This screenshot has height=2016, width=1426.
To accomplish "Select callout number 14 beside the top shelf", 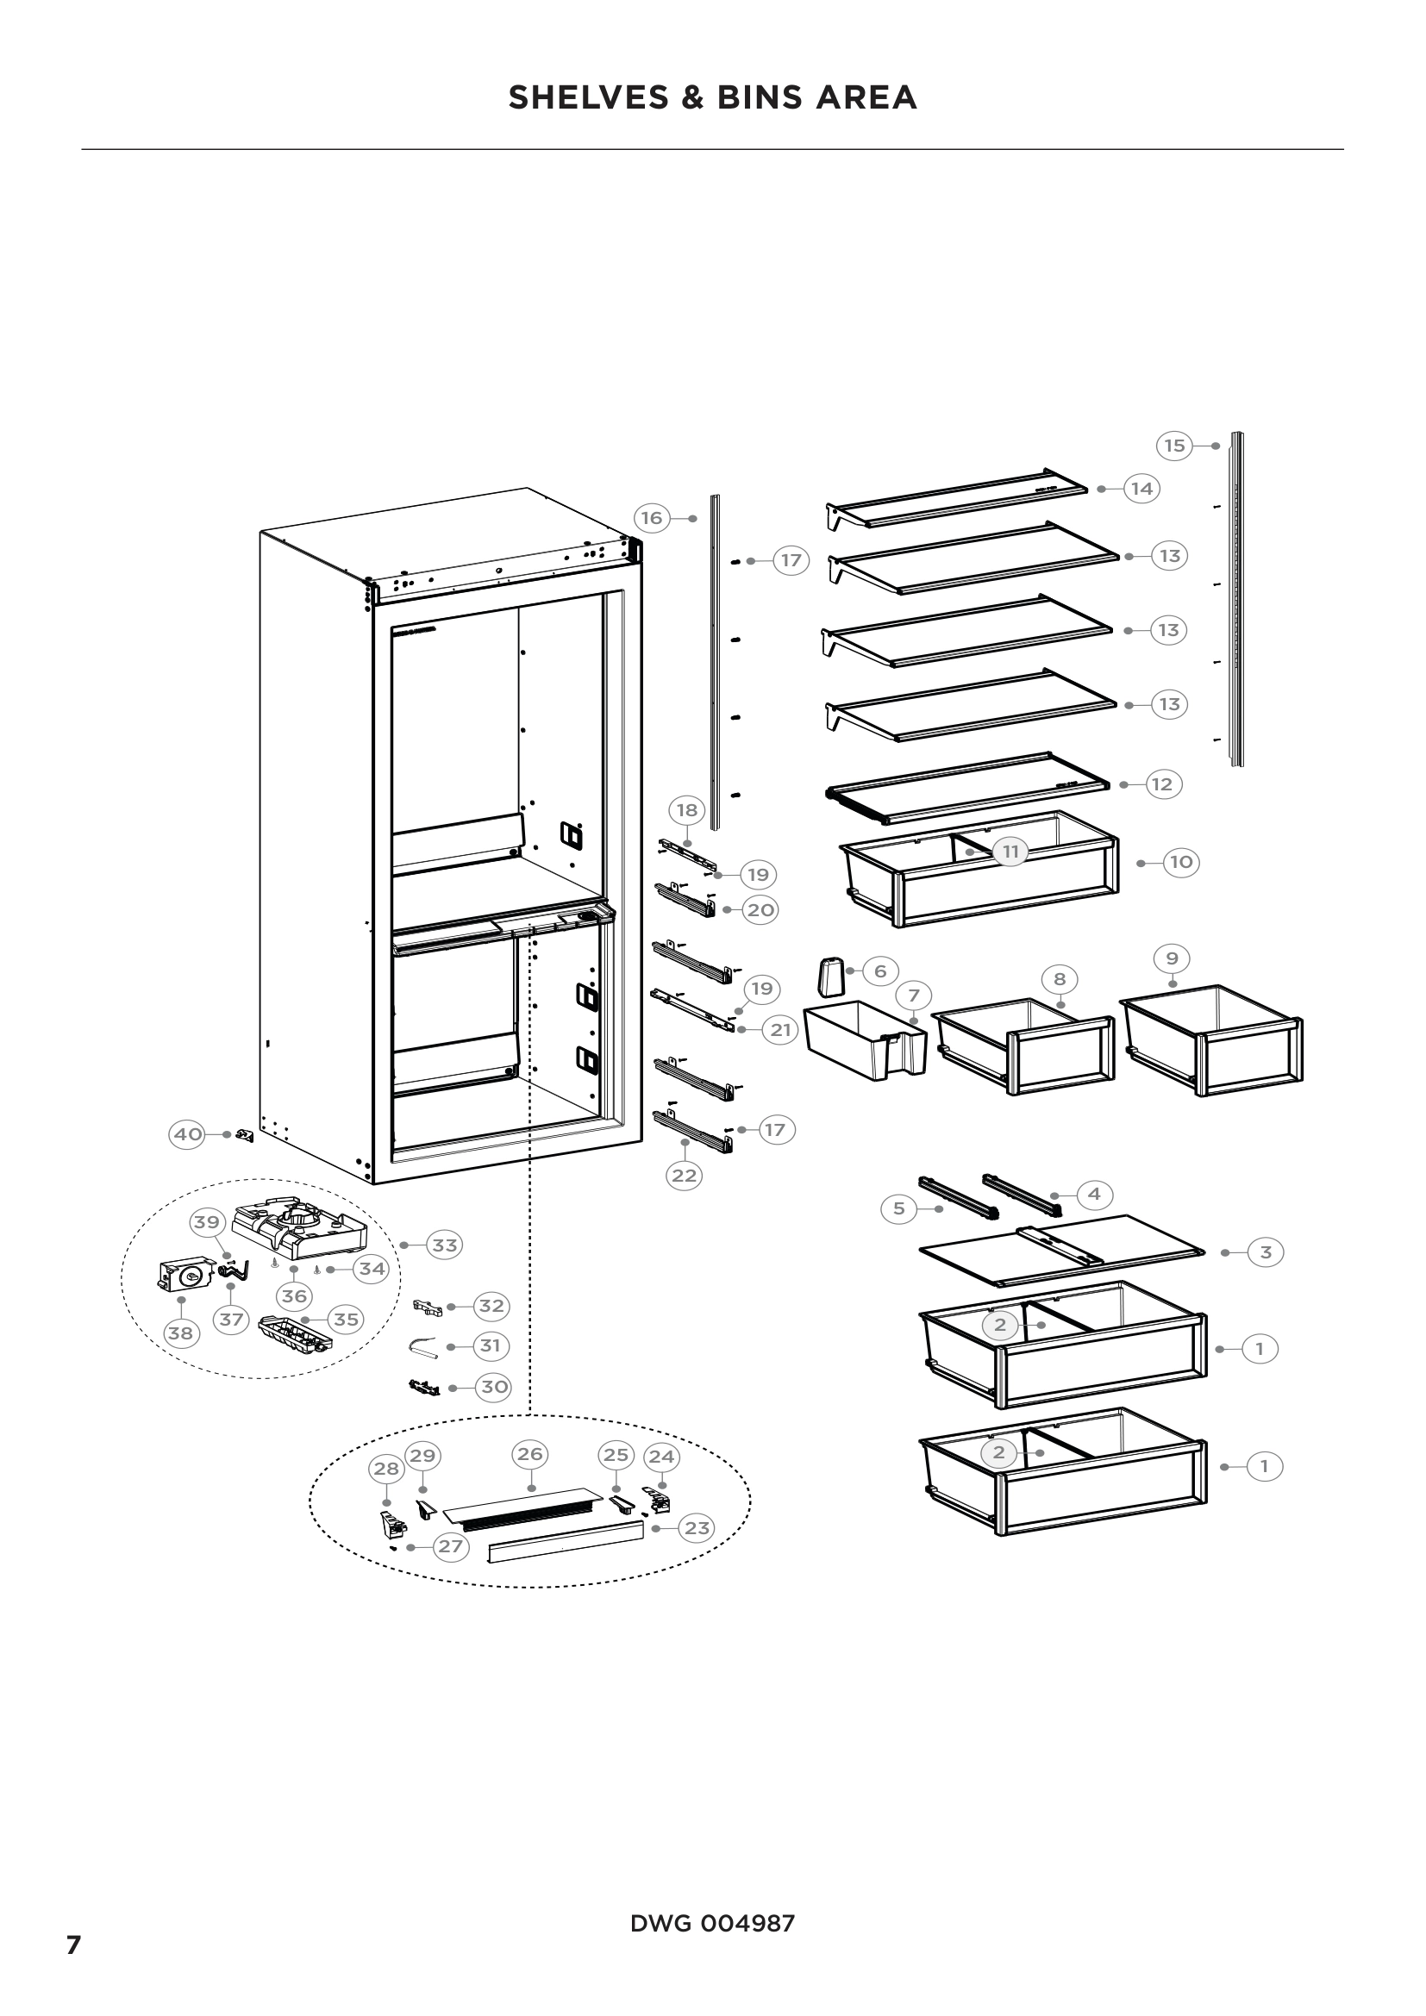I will coord(1141,488).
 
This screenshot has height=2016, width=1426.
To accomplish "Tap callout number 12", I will coord(1161,784).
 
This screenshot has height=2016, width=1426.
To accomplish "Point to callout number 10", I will coord(1182,862).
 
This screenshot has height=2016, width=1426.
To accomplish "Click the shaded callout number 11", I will coord(1010,852).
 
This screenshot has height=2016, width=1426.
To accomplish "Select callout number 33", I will coord(445,1245).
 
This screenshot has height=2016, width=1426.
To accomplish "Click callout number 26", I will coord(529,1454).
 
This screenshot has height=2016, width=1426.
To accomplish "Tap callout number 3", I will coord(1266,1253).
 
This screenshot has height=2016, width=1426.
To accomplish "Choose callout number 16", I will coord(652,518).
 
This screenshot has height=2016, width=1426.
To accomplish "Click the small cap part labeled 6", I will coord(829,977).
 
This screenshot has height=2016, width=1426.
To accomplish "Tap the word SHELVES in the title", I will coord(587,97).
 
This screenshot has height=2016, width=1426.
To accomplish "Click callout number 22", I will coord(684,1176).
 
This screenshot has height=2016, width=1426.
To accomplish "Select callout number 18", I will coord(687,809).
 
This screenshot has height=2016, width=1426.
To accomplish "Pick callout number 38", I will coord(180,1333).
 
